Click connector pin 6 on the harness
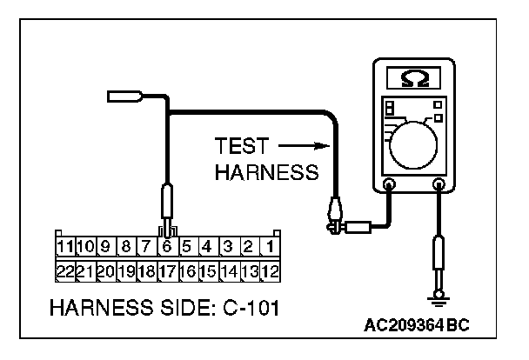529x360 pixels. pyautogui.click(x=165, y=247)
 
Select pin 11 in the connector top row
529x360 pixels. pyautogui.click(x=65, y=247)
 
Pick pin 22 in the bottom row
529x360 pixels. pyautogui.click(x=65, y=270)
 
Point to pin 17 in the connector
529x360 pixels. pyautogui.click(x=166, y=270)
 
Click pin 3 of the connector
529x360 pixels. pyautogui.click(x=228, y=247)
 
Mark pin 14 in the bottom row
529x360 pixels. pyautogui.click(x=228, y=270)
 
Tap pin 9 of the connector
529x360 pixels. pyautogui.click(x=106, y=247)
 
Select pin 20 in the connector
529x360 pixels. pyautogui.click(x=106, y=270)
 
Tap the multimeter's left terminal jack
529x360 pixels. pyautogui.click(x=389, y=185)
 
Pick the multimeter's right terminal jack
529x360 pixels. pyautogui.click(x=438, y=185)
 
